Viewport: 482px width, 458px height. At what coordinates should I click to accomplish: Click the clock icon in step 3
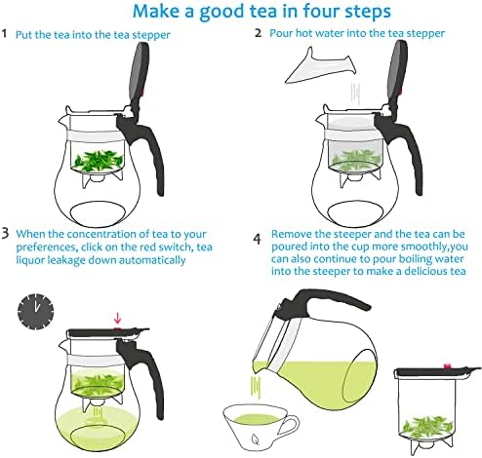[35, 312]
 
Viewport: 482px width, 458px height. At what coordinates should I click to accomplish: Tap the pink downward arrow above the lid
[117, 318]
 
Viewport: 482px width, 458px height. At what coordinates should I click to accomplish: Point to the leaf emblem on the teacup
[257, 439]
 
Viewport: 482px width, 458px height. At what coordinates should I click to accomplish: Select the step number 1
[4, 33]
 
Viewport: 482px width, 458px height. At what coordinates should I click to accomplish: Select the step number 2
[258, 33]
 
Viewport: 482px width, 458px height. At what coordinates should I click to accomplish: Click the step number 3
[6, 234]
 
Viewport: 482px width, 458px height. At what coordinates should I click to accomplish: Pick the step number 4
[258, 240]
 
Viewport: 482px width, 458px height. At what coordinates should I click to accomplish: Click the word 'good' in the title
[221, 12]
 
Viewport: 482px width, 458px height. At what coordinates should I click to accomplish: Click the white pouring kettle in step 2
[320, 66]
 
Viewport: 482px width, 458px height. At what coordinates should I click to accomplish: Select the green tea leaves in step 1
[98, 161]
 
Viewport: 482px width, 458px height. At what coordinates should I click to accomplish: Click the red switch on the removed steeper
[448, 366]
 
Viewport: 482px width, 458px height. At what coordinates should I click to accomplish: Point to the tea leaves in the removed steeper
[426, 427]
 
